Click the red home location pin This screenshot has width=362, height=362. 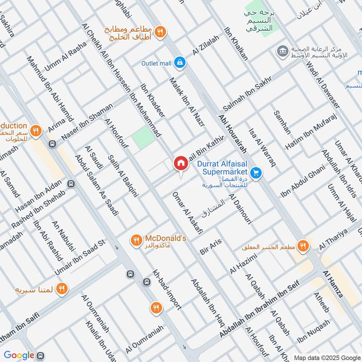(x=181, y=163)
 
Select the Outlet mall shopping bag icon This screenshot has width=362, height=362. (x=180, y=63)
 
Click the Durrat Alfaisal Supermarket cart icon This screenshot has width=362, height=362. (x=256, y=172)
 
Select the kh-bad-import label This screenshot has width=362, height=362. (x=167, y=290)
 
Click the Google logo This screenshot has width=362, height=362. (x=19, y=355)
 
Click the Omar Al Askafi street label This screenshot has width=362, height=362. (x=187, y=213)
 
